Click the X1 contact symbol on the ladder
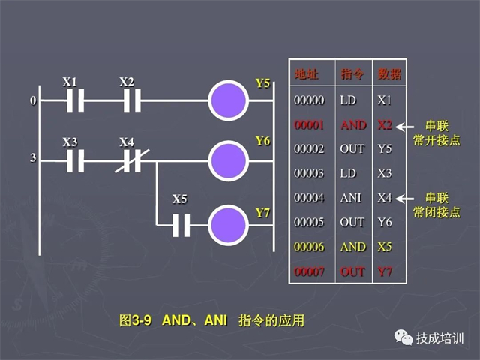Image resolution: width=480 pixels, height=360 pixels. coord(73,100)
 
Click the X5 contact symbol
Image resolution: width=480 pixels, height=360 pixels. coord(181,224)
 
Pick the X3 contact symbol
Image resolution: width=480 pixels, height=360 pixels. coord(73,159)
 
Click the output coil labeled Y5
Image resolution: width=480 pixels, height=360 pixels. coord(229,100)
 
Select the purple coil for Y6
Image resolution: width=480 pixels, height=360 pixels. coord(229,159)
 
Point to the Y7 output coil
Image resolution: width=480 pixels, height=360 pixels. coord(229,224)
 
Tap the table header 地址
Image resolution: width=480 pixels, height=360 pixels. coord(307,74)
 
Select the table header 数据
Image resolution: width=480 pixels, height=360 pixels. coord(389,74)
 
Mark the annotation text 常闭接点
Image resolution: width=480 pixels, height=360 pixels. coord(436,213)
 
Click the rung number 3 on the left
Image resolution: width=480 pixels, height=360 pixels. coord(32,159)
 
